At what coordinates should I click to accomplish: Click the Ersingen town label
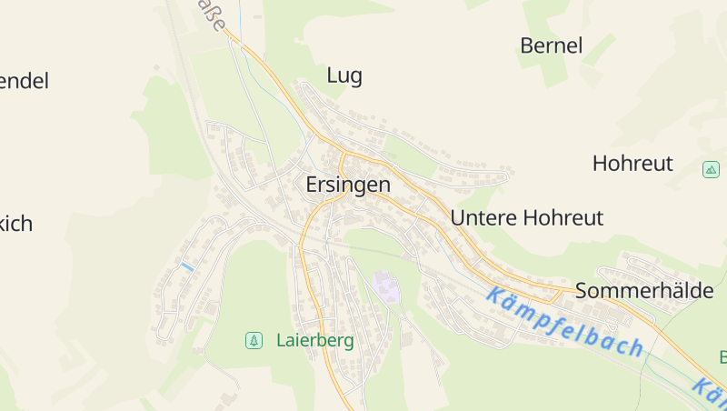click(348, 185)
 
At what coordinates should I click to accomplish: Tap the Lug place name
click(344, 75)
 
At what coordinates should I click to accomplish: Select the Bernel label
click(551, 45)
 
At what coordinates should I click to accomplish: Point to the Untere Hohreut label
click(527, 218)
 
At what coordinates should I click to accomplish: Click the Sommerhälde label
click(644, 291)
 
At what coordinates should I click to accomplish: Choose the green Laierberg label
click(314, 341)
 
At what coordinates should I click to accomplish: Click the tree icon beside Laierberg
click(254, 341)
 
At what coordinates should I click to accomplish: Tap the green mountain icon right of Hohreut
click(711, 169)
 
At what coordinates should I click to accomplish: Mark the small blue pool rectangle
click(186, 266)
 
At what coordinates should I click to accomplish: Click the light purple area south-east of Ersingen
click(386, 288)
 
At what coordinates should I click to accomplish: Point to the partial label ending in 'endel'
click(24, 81)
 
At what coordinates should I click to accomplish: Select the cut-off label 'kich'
click(16, 224)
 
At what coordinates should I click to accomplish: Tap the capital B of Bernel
click(527, 45)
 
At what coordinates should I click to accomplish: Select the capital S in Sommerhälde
click(582, 291)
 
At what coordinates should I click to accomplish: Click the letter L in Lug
click(332, 75)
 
